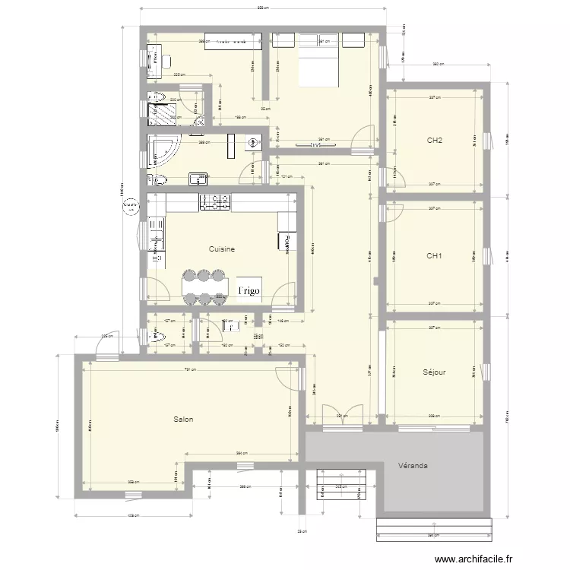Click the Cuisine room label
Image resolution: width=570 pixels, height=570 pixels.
[222, 249]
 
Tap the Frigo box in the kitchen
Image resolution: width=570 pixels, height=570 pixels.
[249, 290]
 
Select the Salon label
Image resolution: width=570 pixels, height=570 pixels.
[183, 419]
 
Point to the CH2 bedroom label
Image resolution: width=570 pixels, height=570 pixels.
[435, 141]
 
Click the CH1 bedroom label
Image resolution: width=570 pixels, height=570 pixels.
[435, 256]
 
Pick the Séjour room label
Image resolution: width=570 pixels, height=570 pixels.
[434, 372]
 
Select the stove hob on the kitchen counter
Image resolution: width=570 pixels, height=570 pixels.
[215, 202]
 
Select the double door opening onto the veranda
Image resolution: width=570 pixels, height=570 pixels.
[336, 415]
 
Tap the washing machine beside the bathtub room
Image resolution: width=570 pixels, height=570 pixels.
[253, 141]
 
